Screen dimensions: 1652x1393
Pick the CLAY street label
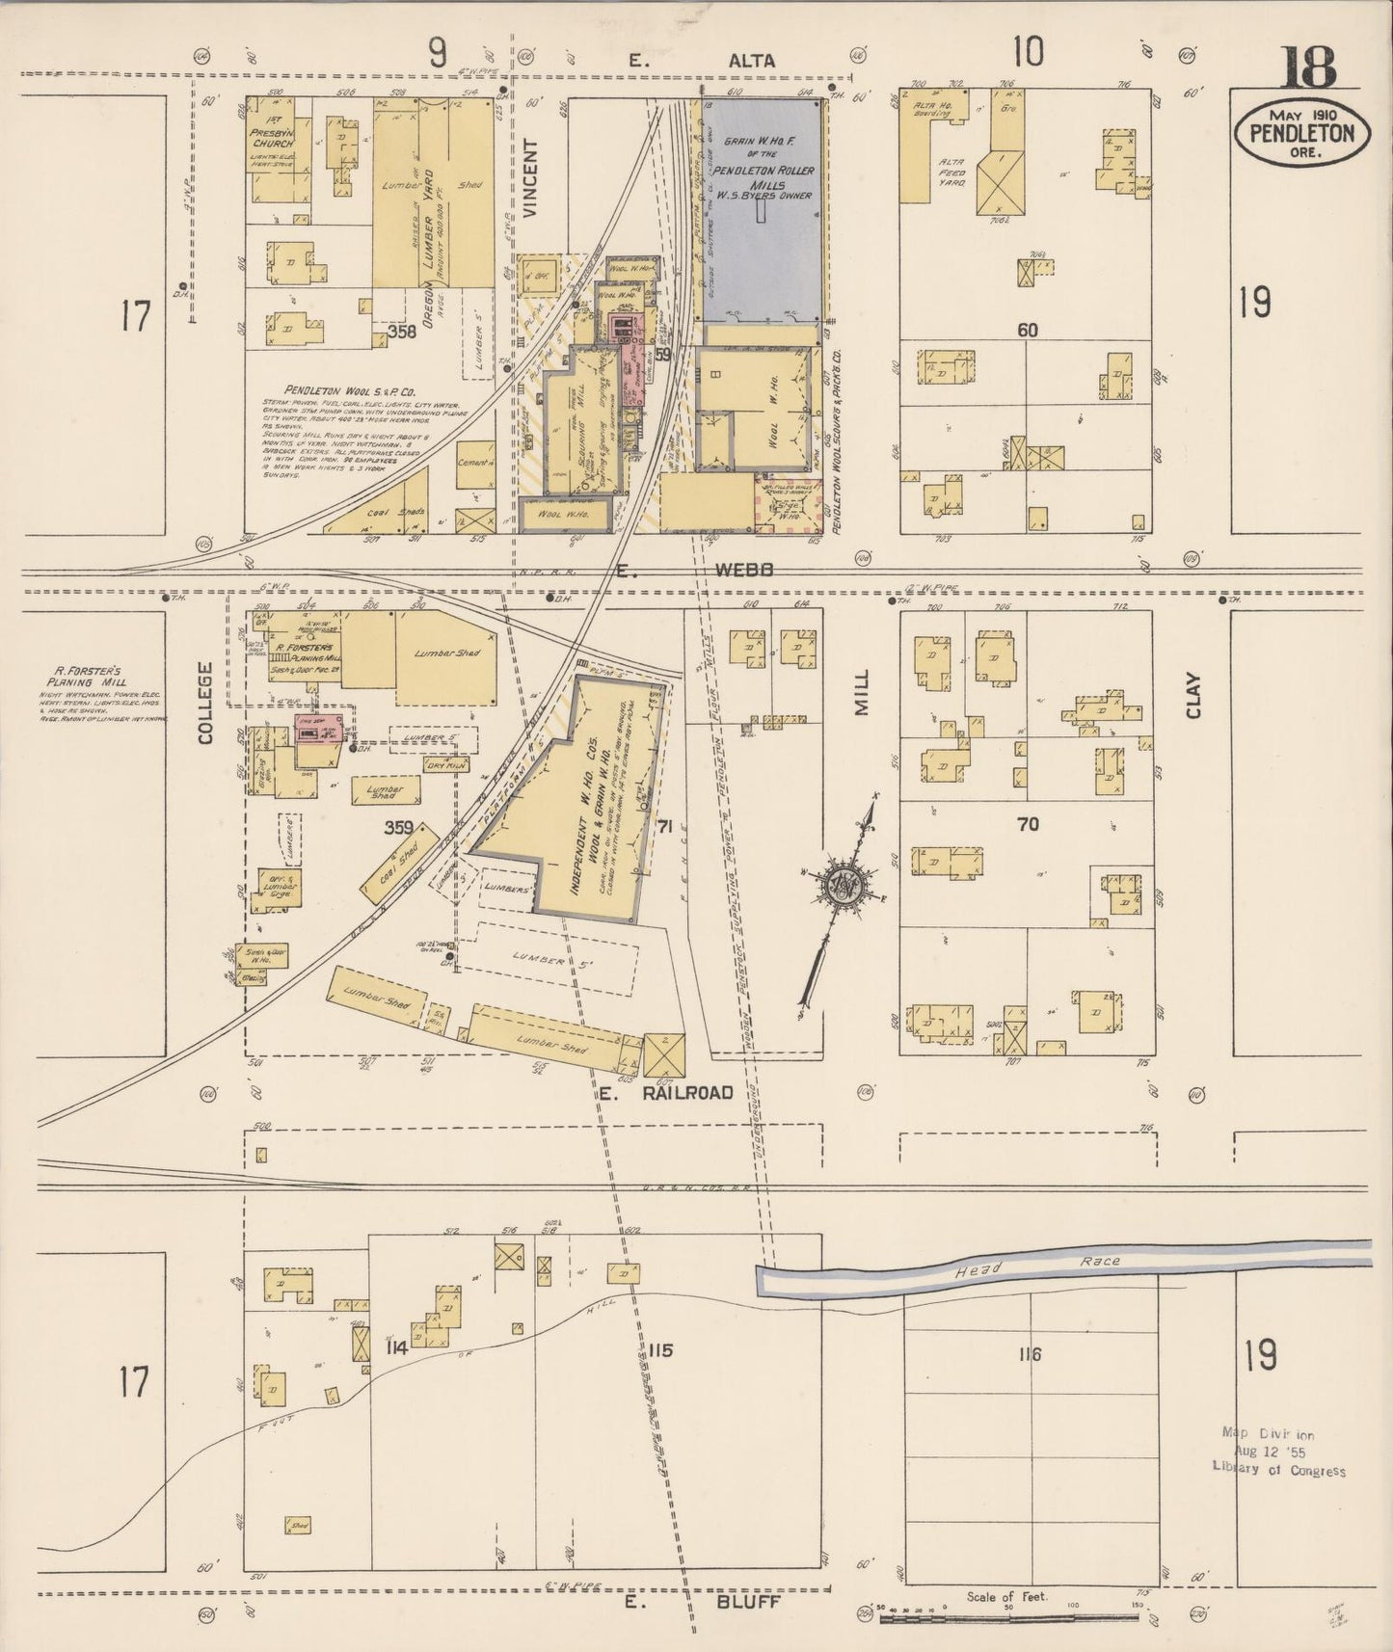click(1193, 694)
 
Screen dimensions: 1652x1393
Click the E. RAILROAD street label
click(665, 1093)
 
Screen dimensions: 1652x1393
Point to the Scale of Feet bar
click(1007, 1617)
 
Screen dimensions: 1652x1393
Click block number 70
click(1028, 824)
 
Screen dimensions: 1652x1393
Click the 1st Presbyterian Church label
click(271, 137)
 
